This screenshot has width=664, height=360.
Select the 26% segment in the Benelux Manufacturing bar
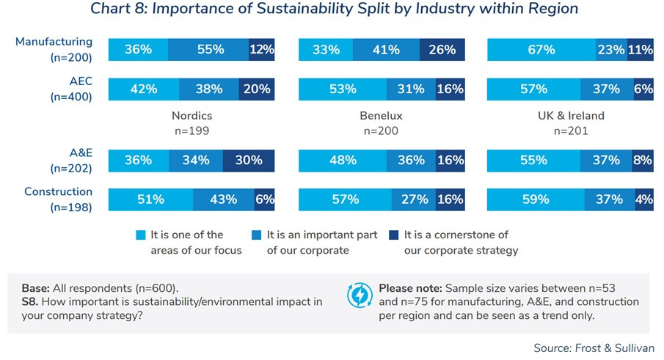click(442, 50)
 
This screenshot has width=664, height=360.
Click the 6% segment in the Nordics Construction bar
click(264, 199)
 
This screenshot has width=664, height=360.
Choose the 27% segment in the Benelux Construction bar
click(408, 199)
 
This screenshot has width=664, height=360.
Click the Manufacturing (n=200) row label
click(54, 50)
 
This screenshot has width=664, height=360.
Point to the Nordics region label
click(191, 116)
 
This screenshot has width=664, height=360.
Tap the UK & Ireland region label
click(571, 116)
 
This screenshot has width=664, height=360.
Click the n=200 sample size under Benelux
click(382, 131)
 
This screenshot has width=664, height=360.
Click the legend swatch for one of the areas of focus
click(141, 235)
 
